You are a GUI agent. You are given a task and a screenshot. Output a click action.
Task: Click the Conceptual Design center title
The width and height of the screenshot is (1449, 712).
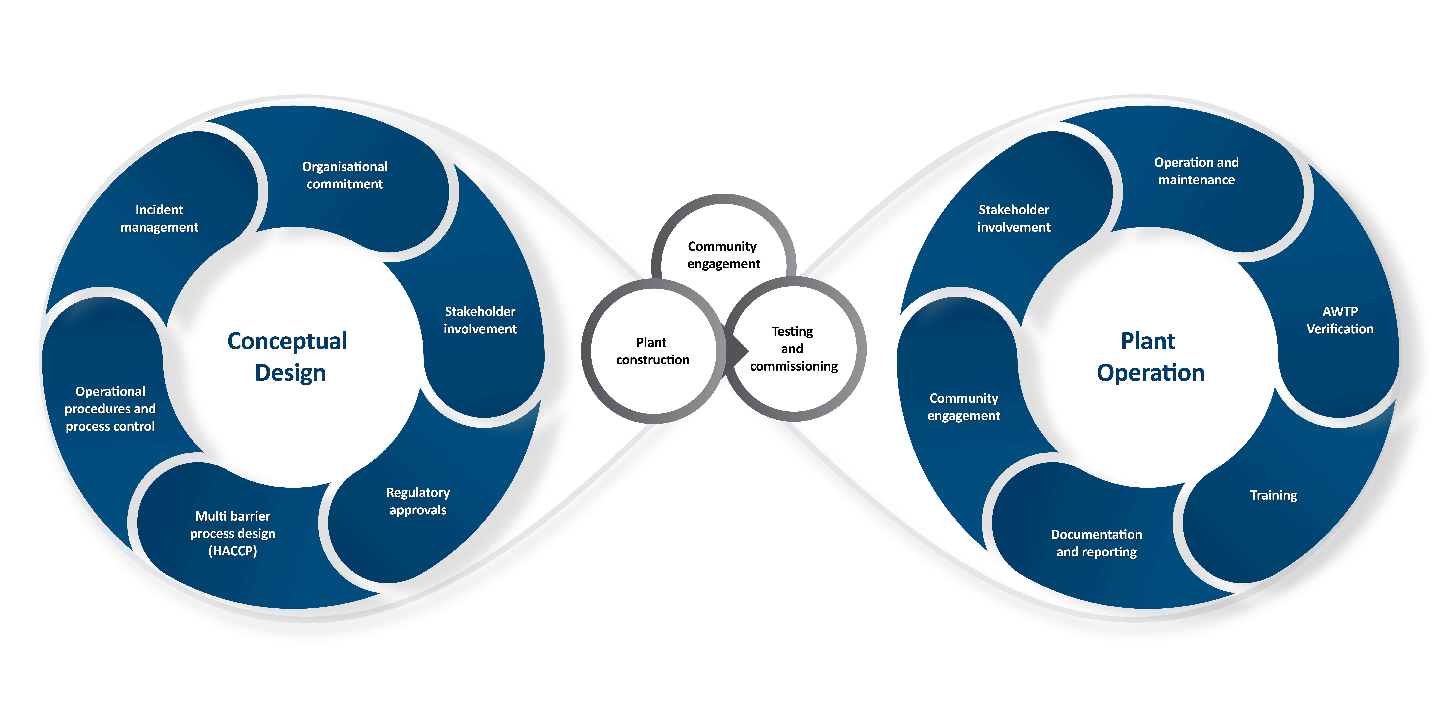[x=288, y=356]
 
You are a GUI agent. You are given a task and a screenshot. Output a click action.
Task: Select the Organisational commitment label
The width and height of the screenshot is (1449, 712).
[x=345, y=175]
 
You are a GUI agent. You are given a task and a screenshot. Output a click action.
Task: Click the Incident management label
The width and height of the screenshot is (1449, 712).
[x=159, y=218]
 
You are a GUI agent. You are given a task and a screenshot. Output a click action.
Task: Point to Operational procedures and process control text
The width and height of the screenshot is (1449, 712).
[x=110, y=409]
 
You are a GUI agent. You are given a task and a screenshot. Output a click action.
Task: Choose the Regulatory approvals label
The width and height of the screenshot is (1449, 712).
[x=418, y=501]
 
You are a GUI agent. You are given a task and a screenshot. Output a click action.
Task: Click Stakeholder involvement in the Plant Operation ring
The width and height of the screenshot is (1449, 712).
[x=1014, y=218]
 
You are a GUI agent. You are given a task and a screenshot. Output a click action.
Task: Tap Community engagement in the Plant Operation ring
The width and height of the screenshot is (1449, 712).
[x=964, y=407]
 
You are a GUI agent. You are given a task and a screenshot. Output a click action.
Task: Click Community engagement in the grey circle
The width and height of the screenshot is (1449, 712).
[x=723, y=255]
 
